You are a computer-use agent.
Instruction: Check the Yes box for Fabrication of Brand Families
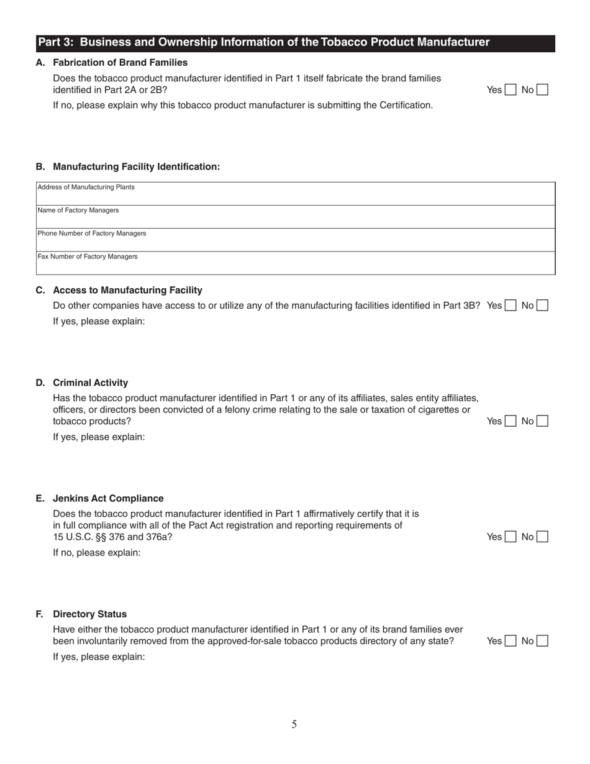(x=511, y=89)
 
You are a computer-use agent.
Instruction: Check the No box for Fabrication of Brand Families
(x=542, y=89)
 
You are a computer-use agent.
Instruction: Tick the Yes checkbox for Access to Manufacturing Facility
(x=511, y=306)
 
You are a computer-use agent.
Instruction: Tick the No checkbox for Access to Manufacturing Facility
(x=542, y=306)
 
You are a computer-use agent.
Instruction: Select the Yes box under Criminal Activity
(x=511, y=421)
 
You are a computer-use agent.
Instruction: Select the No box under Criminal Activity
(x=542, y=421)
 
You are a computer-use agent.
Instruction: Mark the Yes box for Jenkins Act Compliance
(x=511, y=537)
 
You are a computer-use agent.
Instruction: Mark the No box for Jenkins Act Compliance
(x=542, y=537)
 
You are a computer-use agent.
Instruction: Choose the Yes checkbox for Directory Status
(x=511, y=641)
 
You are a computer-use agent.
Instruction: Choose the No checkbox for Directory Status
(x=542, y=641)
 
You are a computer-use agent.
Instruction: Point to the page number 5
(x=294, y=724)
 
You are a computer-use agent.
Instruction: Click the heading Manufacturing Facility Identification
(x=136, y=166)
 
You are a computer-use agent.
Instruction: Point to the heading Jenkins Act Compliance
(x=108, y=498)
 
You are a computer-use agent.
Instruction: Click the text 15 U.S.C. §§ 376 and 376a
(x=113, y=537)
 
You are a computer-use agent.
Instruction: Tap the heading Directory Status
(x=89, y=614)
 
